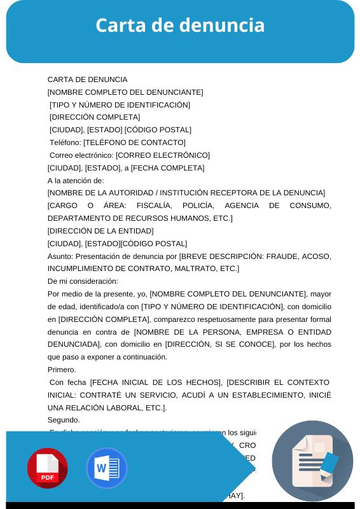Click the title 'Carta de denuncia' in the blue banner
180,25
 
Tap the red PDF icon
48,468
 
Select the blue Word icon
107,468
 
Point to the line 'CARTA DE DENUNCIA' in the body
88,80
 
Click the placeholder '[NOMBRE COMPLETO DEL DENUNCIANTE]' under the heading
125,92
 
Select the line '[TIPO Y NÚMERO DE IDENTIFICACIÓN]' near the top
120,105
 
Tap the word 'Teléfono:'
66,143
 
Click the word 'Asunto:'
60,256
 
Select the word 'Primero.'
62,370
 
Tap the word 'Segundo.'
64,420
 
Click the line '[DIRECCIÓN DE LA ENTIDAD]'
100,231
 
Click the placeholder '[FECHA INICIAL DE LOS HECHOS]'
156,382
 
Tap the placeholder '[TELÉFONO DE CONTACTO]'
134,143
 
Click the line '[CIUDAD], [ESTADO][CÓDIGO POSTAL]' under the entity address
118,244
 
